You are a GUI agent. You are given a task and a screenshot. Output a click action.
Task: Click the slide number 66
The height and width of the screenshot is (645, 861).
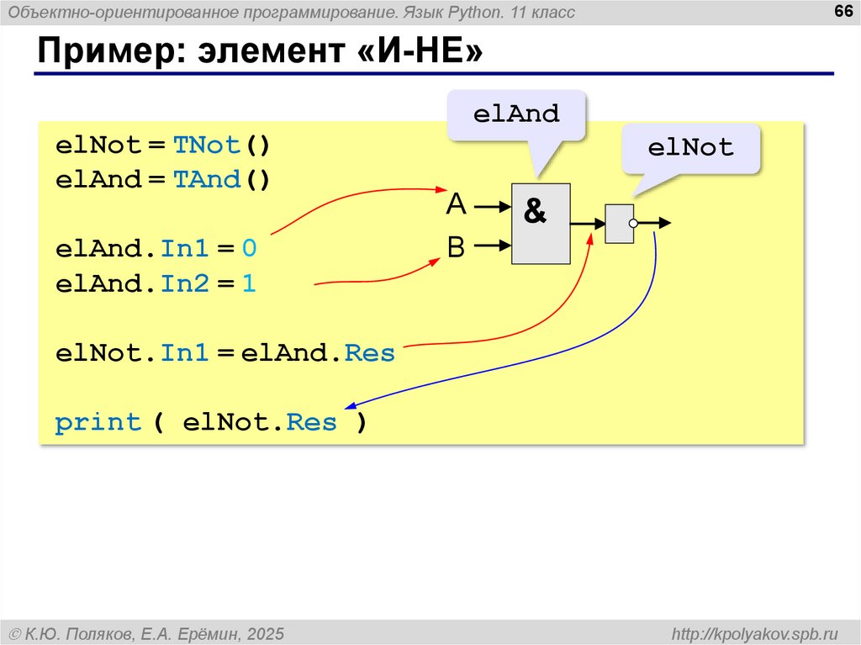[x=842, y=11]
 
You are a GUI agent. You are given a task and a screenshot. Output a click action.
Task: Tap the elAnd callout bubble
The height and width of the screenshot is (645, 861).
[x=516, y=114]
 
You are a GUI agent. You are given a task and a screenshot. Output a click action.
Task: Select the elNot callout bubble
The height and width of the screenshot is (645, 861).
[x=690, y=148]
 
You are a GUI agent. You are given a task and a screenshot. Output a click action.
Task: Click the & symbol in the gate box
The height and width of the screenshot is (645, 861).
[x=535, y=212]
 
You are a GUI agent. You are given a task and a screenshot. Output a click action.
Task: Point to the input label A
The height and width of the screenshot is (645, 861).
[x=456, y=204]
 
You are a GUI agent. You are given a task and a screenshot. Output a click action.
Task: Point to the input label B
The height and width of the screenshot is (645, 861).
[x=456, y=246]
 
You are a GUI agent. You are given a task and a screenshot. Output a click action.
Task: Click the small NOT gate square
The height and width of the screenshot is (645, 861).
[x=619, y=224]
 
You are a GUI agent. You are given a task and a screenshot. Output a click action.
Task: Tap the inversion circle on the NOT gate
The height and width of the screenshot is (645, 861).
[x=634, y=224]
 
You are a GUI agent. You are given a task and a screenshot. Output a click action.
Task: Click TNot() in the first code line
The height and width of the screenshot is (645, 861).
[x=221, y=145]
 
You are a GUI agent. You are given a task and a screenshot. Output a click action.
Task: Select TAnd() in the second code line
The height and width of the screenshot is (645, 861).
[x=221, y=180]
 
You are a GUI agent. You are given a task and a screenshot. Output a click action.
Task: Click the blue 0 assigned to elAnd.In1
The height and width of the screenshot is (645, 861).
[x=248, y=249]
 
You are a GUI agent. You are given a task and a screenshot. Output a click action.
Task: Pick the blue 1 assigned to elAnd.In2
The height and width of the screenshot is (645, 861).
[x=248, y=284]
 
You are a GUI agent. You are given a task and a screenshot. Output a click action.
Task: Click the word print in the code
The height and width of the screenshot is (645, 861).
[x=98, y=422]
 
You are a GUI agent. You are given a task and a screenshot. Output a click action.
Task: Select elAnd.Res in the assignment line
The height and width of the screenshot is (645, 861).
[x=318, y=353]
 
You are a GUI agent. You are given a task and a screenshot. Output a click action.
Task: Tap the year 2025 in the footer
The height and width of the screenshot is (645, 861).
[x=266, y=632]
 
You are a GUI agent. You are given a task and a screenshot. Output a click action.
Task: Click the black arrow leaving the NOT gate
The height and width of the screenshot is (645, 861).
[x=656, y=224]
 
